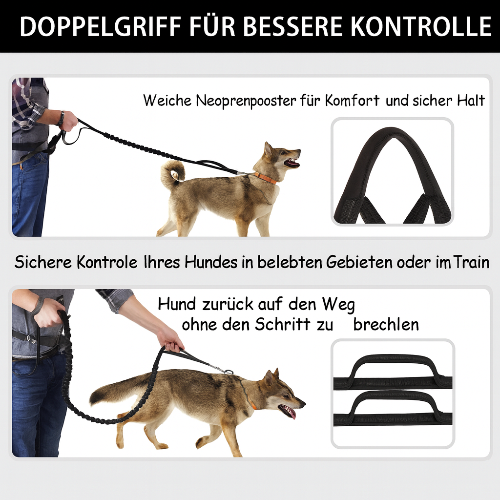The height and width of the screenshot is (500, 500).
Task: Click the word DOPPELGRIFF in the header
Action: pyautogui.click(x=100, y=26)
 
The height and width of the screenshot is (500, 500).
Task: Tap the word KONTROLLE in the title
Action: pyautogui.click(x=421, y=26)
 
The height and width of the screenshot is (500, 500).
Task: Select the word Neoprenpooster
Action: pyautogui.click(x=246, y=101)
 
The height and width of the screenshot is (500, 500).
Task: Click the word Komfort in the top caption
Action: pyautogui.click(x=352, y=101)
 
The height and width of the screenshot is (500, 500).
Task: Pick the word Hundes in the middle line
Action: pyautogui.click(x=211, y=262)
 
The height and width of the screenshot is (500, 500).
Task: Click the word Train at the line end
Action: pyautogui.click(x=471, y=262)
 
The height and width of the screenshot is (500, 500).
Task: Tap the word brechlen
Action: pyautogui.click(x=386, y=325)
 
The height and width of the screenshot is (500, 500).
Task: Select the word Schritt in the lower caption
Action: pyautogui.click(x=283, y=325)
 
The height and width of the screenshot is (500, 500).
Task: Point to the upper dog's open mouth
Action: pyautogui.click(x=292, y=163)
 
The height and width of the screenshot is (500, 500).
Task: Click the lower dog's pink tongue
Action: pyautogui.click(x=291, y=414)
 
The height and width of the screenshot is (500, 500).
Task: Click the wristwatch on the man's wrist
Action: pyautogui.click(x=62, y=119)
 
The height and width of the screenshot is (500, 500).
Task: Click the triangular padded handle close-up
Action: pyautogui.click(x=392, y=175)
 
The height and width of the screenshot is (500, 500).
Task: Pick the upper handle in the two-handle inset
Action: pyautogui.click(x=393, y=372)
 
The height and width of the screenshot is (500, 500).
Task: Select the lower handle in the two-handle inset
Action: pyautogui.click(x=393, y=408)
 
